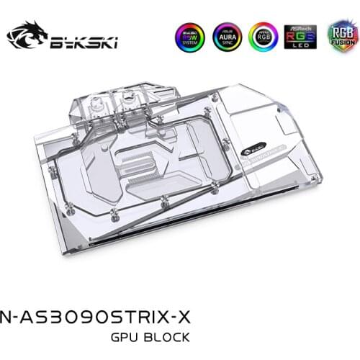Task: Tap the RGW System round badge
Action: [x=189, y=37]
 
